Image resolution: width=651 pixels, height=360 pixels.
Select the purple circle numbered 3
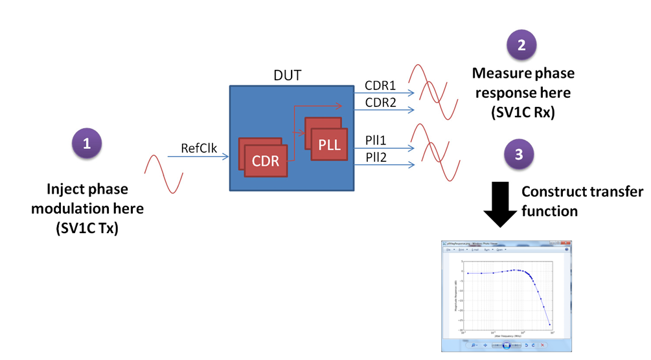click(519, 155)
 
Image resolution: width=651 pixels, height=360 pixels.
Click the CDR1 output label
click(379, 85)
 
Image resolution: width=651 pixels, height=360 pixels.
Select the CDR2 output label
click(379, 102)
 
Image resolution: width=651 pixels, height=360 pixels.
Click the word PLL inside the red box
click(328, 144)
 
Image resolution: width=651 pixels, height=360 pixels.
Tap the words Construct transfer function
click(582, 201)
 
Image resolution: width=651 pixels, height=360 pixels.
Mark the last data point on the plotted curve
click(550, 324)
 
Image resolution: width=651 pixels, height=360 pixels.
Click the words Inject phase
click(87, 190)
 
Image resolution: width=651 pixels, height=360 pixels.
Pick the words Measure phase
click(523, 73)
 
